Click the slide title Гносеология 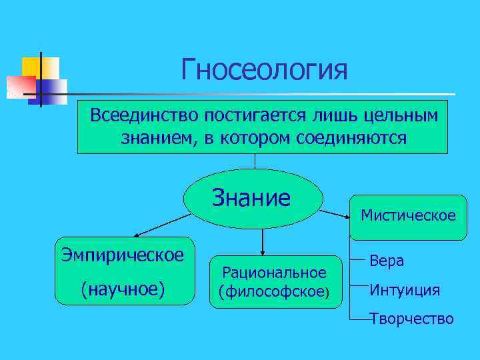[264, 69]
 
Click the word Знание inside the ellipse [251, 198]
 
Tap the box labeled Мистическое [408, 216]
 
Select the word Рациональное [274, 273]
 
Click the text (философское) [274, 291]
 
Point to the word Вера [387, 261]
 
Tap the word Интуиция [405, 290]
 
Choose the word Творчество [411, 319]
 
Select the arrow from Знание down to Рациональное [263, 241]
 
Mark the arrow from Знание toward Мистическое [335, 214]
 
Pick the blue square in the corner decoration [55, 89]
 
